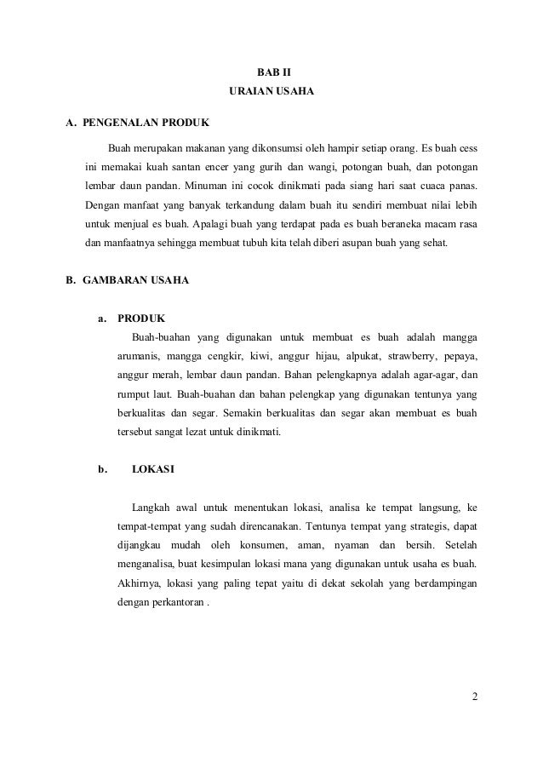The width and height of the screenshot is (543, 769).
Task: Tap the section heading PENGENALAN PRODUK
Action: (140, 121)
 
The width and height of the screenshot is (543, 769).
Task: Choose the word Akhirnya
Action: (137, 585)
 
